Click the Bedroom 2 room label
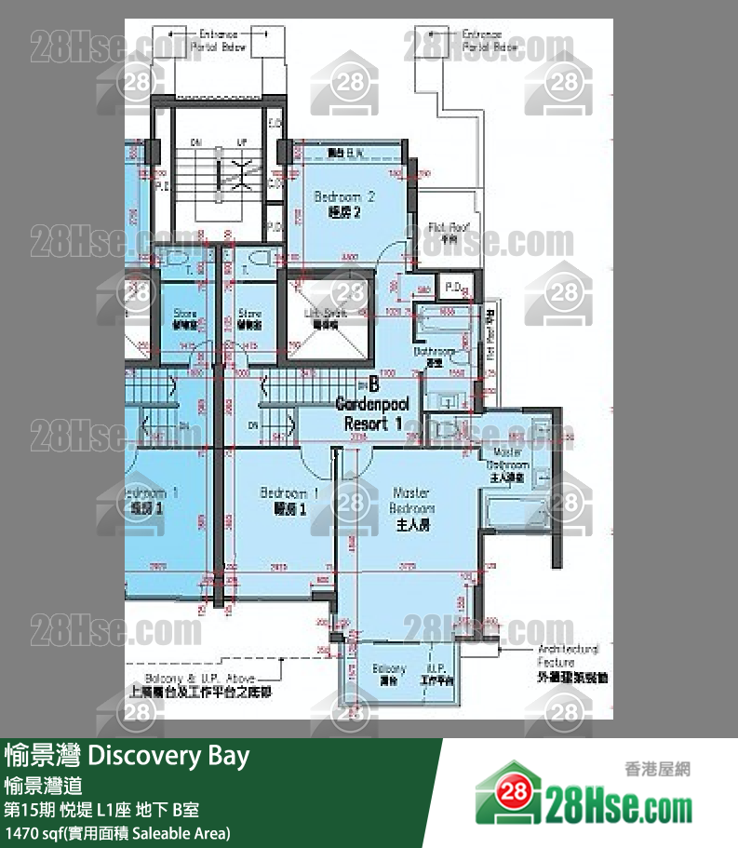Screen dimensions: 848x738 [x=344, y=204]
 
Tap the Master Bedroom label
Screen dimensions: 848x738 [x=411, y=508]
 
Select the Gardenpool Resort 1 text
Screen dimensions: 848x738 [x=372, y=413]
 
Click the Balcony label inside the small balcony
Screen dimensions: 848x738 [x=389, y=675]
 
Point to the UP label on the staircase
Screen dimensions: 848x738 [x=243, y=142]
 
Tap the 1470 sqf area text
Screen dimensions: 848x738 [x=117, y=832]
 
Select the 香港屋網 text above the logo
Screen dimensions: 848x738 [x=656, y=769]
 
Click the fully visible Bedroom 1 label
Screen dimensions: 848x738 [x=289, y=500]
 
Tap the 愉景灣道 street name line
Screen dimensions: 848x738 [x=49, y=786]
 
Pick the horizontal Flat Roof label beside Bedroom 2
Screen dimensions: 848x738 [x=448, y=231]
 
